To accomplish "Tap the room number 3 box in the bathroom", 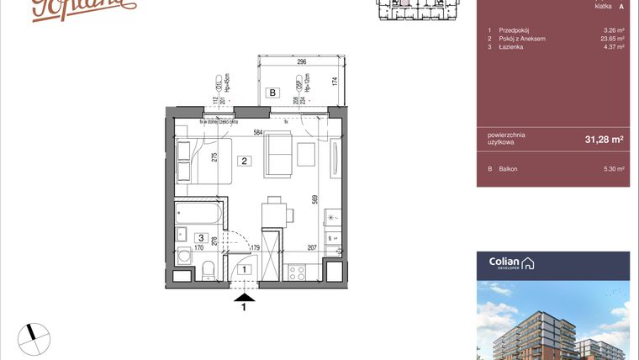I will [201, 238].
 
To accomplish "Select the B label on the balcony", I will [272, 93].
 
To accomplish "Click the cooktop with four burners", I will [296, 272].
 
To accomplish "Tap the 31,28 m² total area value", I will [605, 140].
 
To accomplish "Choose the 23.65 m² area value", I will [612, 39].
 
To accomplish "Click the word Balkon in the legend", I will [508, 169].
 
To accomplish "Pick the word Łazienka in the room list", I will [511, 47].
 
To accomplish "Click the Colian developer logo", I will [512, 263].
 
